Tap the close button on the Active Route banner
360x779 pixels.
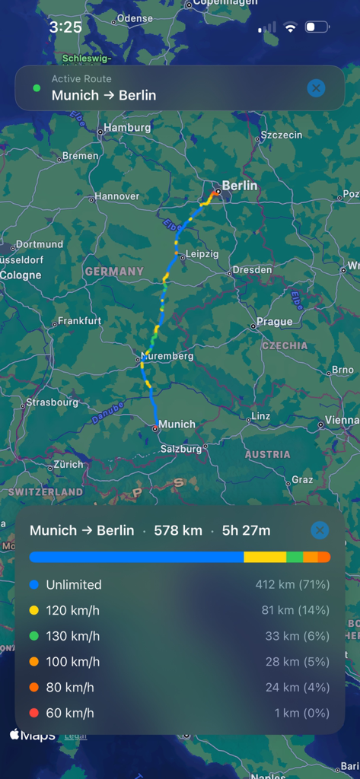pos(316,88)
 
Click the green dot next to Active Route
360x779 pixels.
pos(37,88)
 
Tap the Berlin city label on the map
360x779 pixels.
pos(239,186)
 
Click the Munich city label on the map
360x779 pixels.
pos(177,424)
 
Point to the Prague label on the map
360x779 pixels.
pos(274,322)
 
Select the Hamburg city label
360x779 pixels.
pos(127,128)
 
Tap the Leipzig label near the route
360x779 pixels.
pos(202,254)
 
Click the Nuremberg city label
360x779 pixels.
pos(167,356)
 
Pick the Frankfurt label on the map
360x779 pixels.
pos(79,321)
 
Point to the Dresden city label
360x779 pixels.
pos(252,269)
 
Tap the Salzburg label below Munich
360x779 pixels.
pos(181,449)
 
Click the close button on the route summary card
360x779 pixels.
pos(320,530)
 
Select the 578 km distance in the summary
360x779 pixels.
pos(178,530)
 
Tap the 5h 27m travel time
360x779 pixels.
pos(246,530)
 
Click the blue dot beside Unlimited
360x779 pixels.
pos(34,585)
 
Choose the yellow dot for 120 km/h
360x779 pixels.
pos(34,611)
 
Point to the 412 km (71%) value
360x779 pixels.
pos(292,585)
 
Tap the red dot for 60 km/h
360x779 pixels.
pos(34,713)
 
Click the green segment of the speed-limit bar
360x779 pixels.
pos(295,557)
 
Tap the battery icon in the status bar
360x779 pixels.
pos(316,27)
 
